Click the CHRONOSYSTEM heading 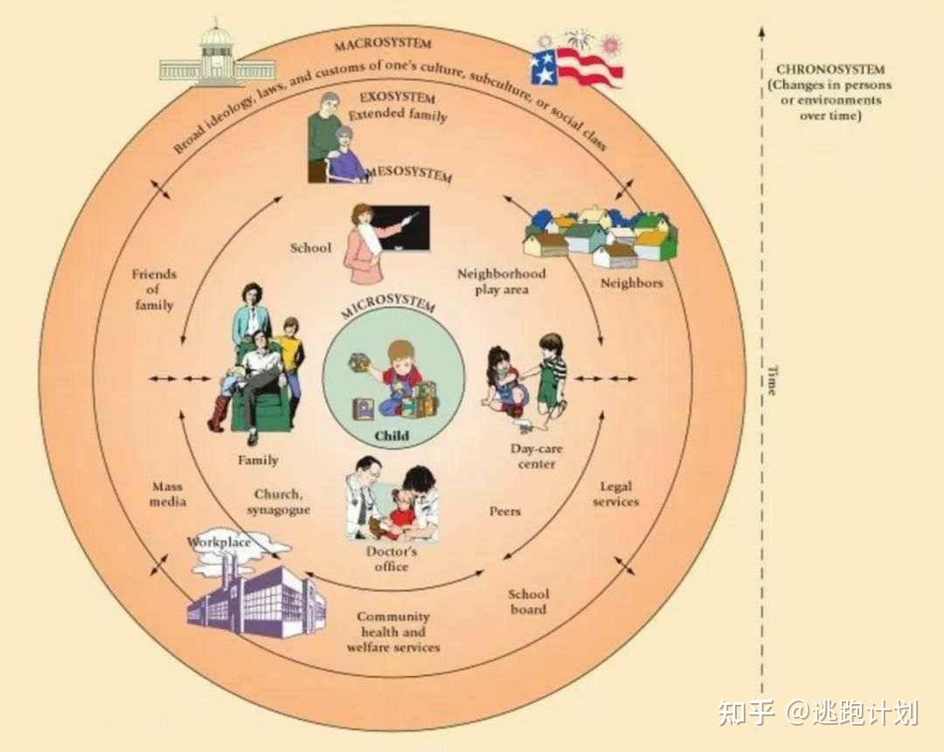pyautogui.click(x=829, y=70)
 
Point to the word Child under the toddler pyautogui.click(x=392, y=436)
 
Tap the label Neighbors pyautogui.click(x=631, y=283)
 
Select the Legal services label pyautogui.click(x=615, y=494)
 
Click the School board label pyautogui.click(x=528, y=602)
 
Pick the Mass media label pyautogui.click(x=168, y=494)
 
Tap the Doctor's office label pyautogui.click(x=391, y=559)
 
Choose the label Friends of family pyautogui.click(x=154, y=289)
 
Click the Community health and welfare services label pyautogui.click(x=393, y=631)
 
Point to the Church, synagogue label pyautogui.click(x=278, y=502)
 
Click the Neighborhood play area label pyautogui.click(x=502, y=281)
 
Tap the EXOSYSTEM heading pyautogui.click(x=398, y=98)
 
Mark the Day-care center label pyautogui.click(x=537, y=457)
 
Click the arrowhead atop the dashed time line pyautogui.click(x=761, y=31)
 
